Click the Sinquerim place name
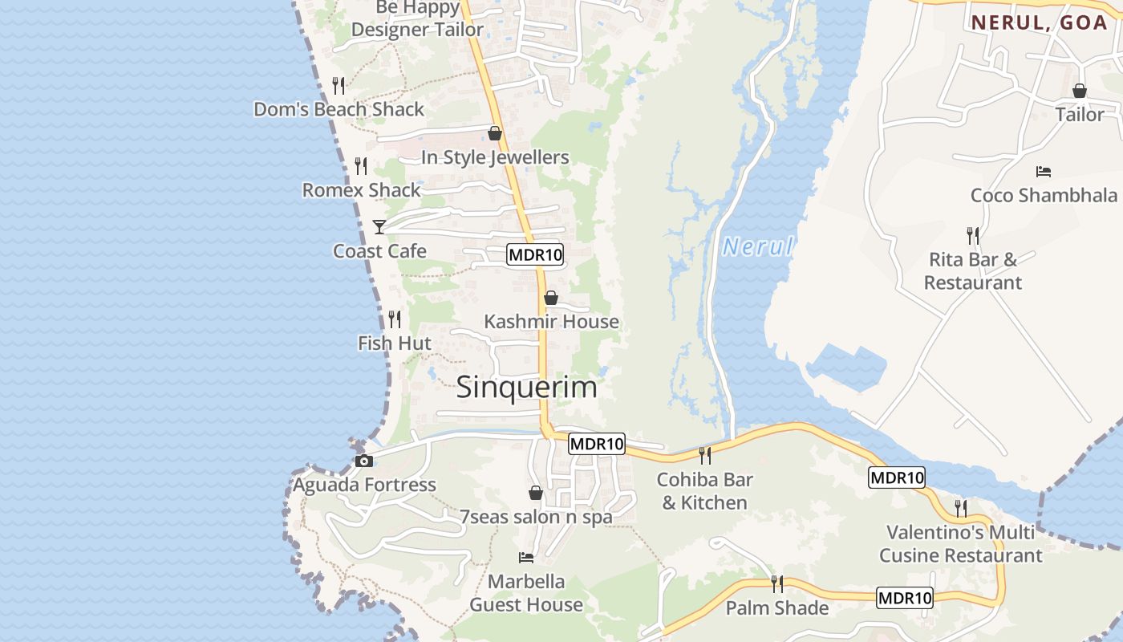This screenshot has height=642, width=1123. tap(526, 388)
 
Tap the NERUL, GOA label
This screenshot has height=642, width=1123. tap(1039, 22)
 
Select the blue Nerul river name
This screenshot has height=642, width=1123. tap(757, 246)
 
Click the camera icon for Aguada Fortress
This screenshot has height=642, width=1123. tap(363, 461)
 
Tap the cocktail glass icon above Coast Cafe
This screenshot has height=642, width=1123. tap(379, 227)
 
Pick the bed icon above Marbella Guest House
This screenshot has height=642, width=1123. tap(526, 557)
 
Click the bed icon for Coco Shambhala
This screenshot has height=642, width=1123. tap(1043, 172)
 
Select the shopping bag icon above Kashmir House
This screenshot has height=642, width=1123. tap(551, 298)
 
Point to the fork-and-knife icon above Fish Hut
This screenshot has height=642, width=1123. tap(395, 319)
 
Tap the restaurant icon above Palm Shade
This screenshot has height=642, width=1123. tap(776, 583)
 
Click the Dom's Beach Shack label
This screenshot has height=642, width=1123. tap(339, 109)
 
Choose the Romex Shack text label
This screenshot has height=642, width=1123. tap(361, 190)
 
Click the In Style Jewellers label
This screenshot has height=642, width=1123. tap(495, 157)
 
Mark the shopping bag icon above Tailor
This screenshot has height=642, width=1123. tap(1079, 91)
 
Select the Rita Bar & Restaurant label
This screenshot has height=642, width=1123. tap(972, 271)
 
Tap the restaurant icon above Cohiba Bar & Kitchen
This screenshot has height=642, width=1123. tap(705, 455)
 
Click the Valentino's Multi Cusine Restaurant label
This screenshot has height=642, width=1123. tap(960, 544)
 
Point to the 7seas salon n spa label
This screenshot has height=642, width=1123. tap(536, 517)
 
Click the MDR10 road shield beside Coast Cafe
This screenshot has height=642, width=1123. tap(535, 255)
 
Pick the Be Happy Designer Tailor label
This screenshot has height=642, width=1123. tap(417, 19)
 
